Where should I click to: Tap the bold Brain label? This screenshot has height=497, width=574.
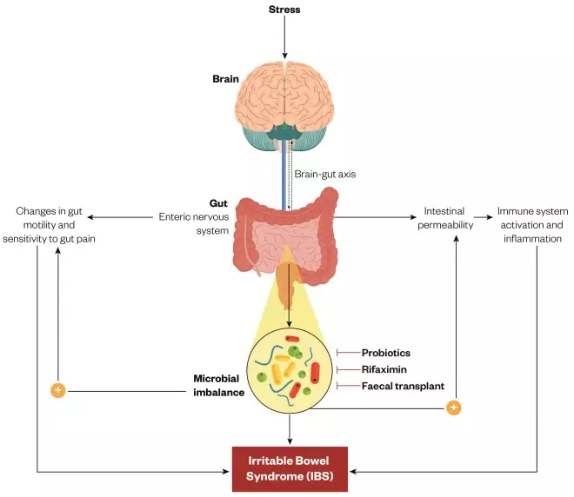point(225,79)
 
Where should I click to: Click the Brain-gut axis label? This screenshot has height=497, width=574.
point(324,174)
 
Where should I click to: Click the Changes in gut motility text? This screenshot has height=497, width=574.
point(59,224)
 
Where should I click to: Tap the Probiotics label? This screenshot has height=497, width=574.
point(385,353)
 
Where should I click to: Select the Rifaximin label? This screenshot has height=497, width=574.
point(384,369)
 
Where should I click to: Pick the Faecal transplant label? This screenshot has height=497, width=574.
point(403,386)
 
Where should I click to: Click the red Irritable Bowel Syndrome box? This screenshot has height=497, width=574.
point(290,468)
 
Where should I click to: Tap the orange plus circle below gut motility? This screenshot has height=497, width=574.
point(58,390)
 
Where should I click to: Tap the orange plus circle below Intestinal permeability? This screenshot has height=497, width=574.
point(452,407)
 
